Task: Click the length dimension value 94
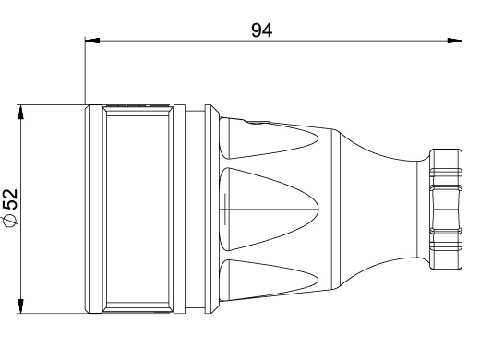pos(262,30)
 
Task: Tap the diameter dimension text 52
pos(11,199)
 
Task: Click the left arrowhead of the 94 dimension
pos(92,41)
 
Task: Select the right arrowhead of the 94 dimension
pos(454,41)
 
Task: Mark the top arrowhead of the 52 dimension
pos(20,112)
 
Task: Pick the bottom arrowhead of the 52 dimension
pos(20,306)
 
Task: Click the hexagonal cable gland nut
pos(446,210)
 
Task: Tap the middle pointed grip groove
pos(269,210)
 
